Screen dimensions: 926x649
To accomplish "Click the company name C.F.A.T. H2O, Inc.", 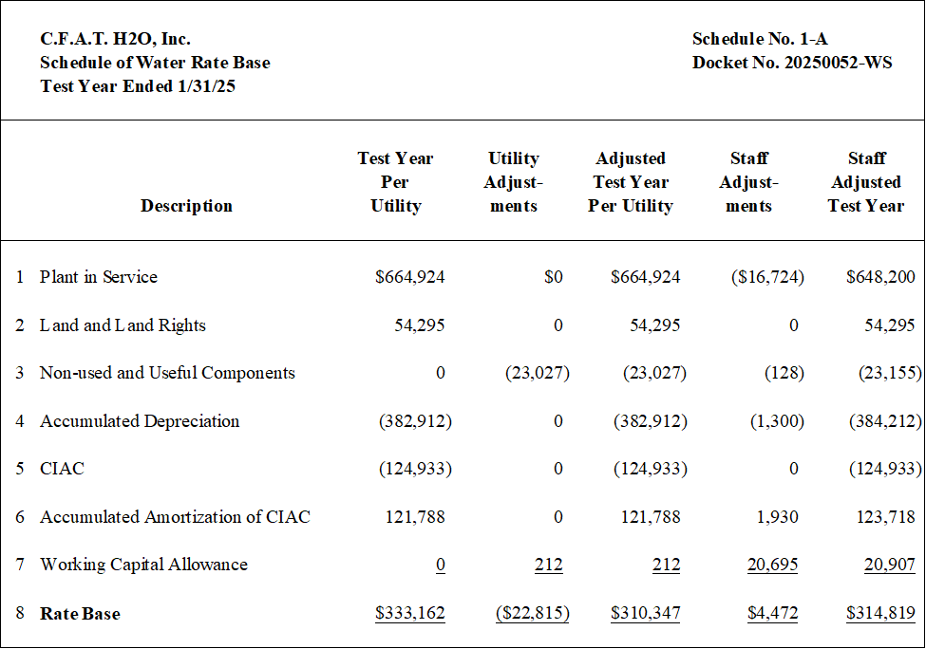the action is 115,39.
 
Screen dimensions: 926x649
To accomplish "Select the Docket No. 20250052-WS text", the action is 792,63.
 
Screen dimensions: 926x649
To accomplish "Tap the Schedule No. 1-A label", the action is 760,39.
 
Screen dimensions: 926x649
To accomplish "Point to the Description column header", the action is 186,206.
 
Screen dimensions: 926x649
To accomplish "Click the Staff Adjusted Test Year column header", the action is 866,182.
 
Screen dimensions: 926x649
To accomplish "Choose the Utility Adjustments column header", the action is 513,182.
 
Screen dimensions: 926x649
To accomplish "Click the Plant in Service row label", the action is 99,277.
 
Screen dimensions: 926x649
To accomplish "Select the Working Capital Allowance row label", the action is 143,565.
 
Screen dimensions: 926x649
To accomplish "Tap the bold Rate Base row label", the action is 80,614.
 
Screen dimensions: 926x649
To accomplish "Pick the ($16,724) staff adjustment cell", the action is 767,277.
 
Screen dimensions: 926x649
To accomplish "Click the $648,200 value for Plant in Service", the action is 880,277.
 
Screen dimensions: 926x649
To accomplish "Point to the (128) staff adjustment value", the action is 784,373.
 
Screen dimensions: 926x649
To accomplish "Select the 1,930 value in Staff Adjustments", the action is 777,517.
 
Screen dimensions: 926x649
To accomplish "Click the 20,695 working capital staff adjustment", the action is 772,565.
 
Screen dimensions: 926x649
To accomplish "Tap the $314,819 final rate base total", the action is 880,613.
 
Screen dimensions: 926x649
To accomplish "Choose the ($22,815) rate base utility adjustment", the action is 533,613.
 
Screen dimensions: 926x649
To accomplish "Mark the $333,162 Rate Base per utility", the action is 410,613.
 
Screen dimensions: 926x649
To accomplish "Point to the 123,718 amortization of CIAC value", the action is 886,517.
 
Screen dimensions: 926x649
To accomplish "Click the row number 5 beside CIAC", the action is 20,469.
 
